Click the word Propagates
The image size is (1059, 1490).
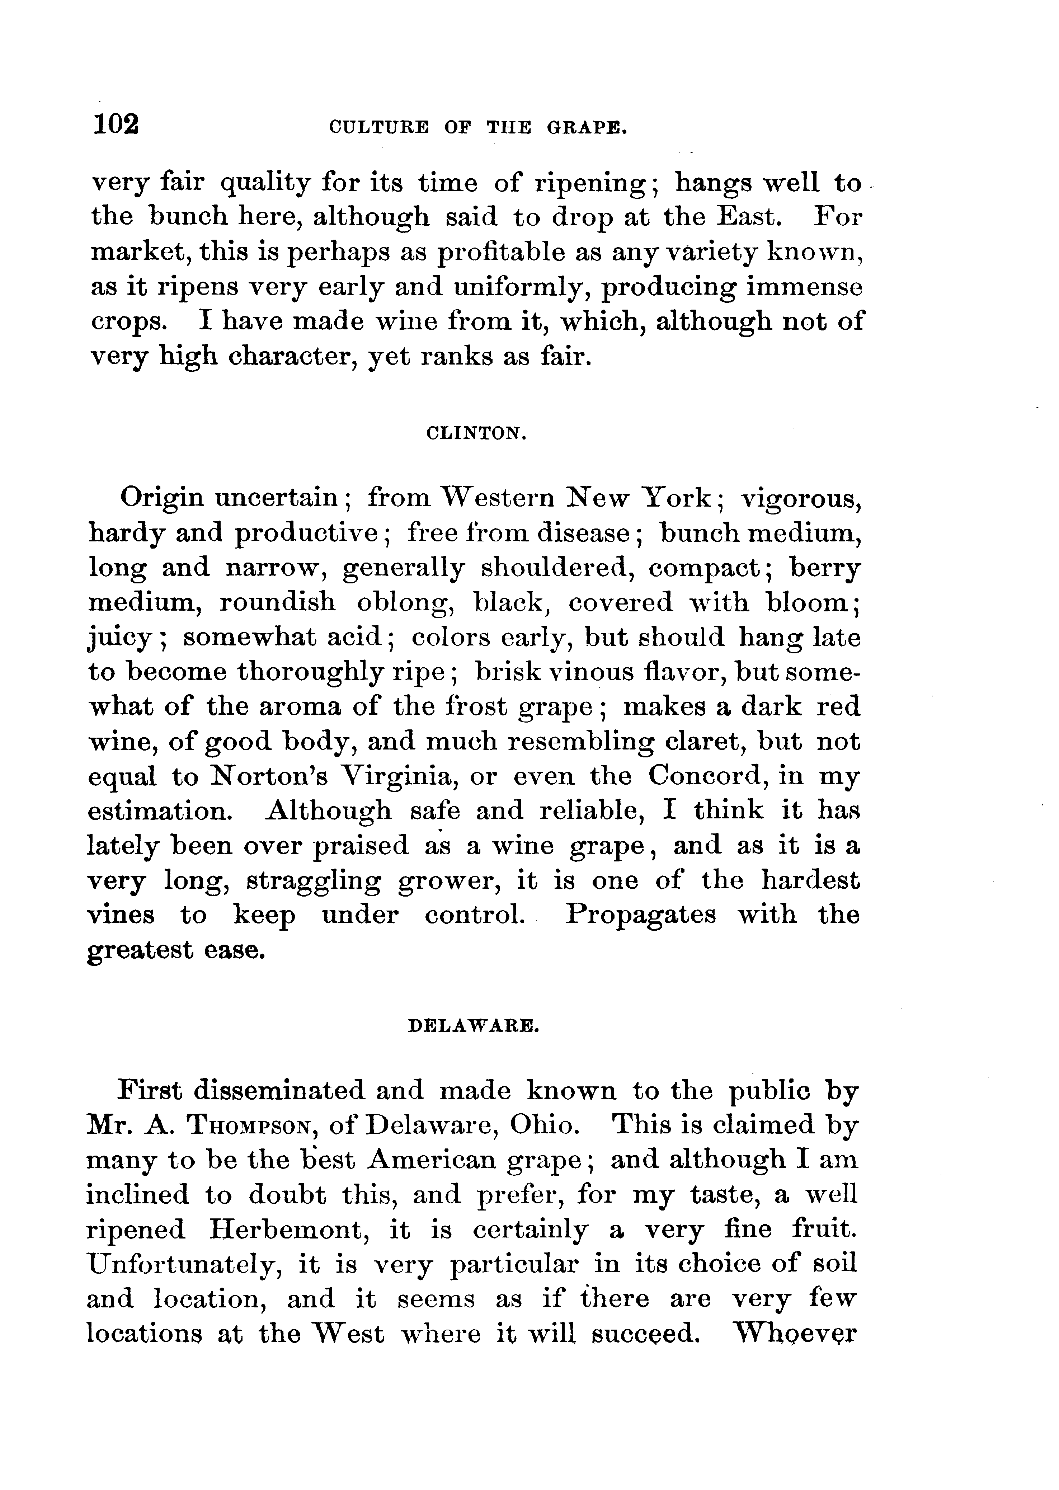pyautogui.click(x=640, y=916)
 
